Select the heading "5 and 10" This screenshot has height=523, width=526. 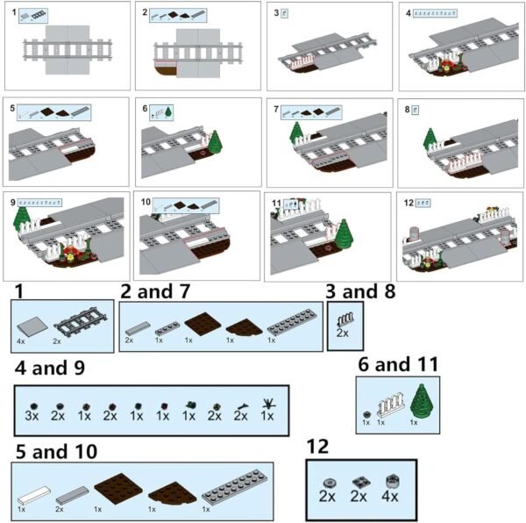[x=59, y=452]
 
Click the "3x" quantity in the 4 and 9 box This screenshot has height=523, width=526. [x=32, y=415]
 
